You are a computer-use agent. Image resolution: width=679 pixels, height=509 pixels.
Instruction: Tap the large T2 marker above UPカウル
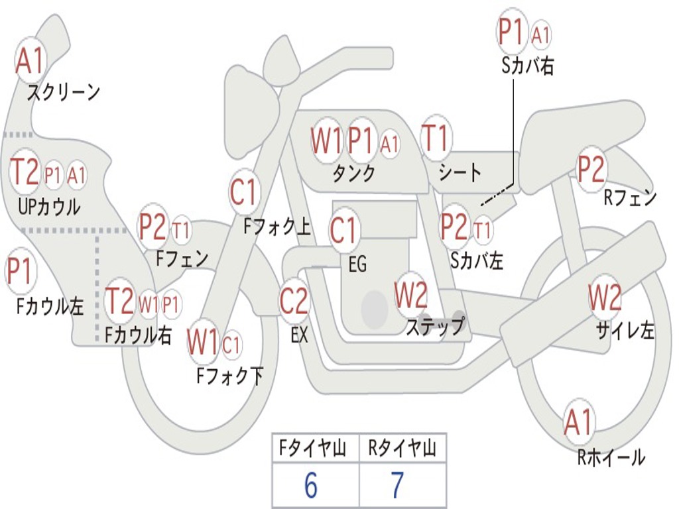click(x=25, y=172)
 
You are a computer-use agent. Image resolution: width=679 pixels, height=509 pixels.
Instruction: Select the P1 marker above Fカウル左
click(x=20, y=272)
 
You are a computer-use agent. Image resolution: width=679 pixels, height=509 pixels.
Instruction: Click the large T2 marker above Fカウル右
click(x=120, y=302)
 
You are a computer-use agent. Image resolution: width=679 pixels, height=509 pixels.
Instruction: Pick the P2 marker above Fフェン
click(x=153, y=227)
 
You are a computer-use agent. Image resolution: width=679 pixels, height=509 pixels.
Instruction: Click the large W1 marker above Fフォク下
click(x=203, y=343)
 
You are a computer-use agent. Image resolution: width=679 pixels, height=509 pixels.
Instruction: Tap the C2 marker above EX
click(x=294, y=302)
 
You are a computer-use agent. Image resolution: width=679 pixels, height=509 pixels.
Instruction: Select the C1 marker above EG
click(x=343, y=231)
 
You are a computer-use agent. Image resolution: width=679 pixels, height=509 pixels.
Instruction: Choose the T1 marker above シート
click(x=436, y=139)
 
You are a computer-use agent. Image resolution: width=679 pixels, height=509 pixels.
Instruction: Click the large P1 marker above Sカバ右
click(x=513, y=32)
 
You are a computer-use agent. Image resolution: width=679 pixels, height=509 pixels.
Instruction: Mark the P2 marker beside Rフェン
click(x=591, y=169)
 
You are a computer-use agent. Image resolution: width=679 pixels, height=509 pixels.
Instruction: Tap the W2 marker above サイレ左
click(x=605, y=298)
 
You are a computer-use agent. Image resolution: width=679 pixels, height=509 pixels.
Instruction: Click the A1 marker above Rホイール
click(x=579, y=422)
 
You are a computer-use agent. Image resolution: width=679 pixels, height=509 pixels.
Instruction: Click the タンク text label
click(x=353, y=174)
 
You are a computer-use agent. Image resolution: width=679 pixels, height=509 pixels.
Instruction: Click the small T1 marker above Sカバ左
click(x=483, y=230)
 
